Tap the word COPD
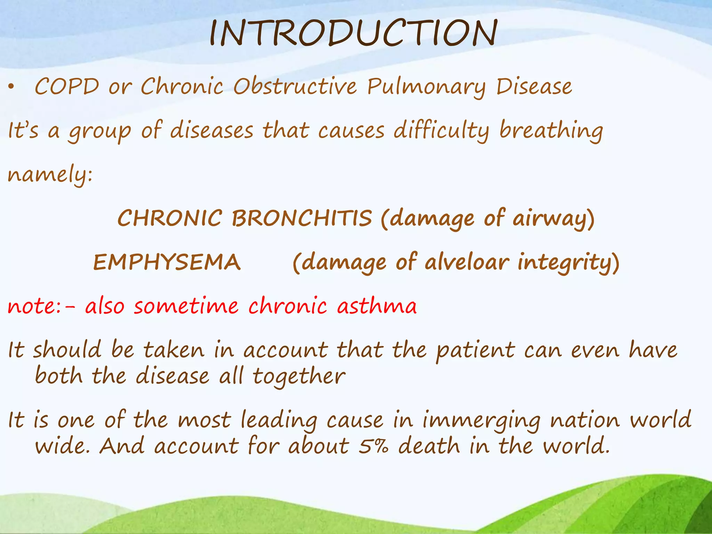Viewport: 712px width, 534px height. point(67,86)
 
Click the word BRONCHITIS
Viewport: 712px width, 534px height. point(302,218)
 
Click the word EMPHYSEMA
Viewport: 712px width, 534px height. point(167,262)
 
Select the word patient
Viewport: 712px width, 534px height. point(476,350)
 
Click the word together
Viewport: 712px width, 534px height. point(299,377)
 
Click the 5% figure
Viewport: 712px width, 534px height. point(373,446)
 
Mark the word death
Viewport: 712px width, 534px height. point(429,446)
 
